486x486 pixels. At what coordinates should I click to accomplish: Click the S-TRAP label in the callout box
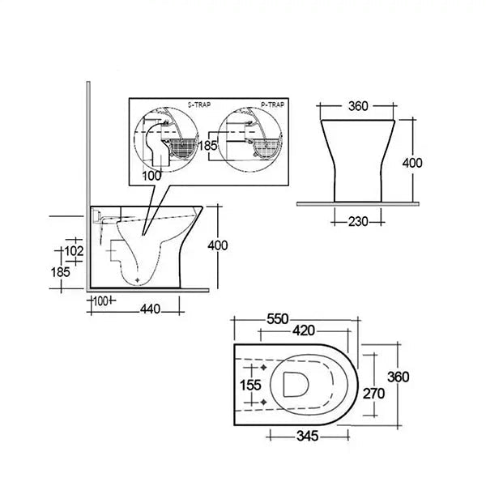pyautogui.click(x=199, y=104)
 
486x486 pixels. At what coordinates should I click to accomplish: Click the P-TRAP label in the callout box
pyautogui.click(x=272, y=104)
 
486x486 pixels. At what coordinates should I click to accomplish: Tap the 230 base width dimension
pyautogui.click(x=358, y=222)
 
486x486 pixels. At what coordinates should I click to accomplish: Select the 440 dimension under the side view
pyautogui.click(x=151, y=309)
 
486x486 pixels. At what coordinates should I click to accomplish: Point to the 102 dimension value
pyautogui.click(x=74, y=251)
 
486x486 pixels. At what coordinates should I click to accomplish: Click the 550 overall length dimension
pyautogui.click(x=278, y=319)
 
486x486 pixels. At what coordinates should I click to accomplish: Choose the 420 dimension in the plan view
pyautogui.click(x=304, y=330)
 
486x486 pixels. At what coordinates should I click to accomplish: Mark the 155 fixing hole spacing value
pyautogui.click(x=250, y=386)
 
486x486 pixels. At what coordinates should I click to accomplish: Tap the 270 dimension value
pyautogui.click(x=373, y=394)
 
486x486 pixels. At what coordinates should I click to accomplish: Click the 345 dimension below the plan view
pyautogui.click(x=308, y=436)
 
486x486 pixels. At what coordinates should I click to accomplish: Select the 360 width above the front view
pyautogui.click(x=358, y=106)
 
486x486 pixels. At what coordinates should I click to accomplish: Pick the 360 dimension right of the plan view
pyautogui.click(x=399, y=377)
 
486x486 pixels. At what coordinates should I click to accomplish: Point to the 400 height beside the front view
pyautogui.click(x=412, y=163)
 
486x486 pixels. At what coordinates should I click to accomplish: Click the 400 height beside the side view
pyautogui.click(x=218, y=245)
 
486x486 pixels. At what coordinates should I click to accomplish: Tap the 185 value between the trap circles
pyautogui.click(x=207, y=145)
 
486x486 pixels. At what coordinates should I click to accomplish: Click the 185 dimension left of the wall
pyautogui.click(x=61, y=272)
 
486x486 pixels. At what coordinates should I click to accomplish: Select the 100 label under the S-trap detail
pyautogui.click(x=152, y=176)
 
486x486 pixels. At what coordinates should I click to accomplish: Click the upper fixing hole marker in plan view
pyautogui.click(x=263, y=368)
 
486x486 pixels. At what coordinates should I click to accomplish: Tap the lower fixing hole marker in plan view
pyautogui.click(x=263, y=402)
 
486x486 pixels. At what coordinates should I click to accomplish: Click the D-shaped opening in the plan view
pyautogui.click(x=296, y=384)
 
